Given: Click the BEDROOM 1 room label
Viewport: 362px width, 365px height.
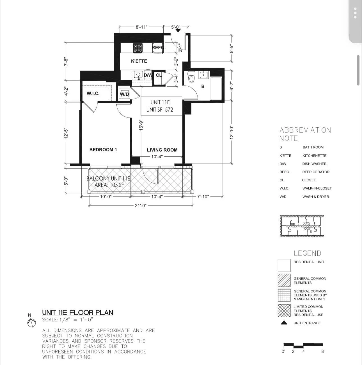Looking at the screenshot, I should tap(103, 150).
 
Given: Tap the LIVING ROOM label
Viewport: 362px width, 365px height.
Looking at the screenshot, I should tap(162, 150).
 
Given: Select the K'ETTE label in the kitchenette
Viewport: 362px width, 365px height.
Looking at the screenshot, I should tap(139, 61).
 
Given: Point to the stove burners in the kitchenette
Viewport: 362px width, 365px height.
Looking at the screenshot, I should tap(138, 48).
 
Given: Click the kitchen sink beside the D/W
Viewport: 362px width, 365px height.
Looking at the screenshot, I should tap(138, 75).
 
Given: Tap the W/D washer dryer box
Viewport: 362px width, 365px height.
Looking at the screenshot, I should tap(124, 94).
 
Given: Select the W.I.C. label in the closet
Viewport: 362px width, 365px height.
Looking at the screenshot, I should tap(93, 93).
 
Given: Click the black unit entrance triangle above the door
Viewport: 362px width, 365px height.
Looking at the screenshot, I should tap(178, 30).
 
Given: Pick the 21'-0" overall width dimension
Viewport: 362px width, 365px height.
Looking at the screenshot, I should tap(141, 206).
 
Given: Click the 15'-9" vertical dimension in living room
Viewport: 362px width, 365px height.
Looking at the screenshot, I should tap(141, 125).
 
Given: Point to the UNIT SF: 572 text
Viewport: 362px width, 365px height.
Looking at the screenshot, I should tap(160, 110).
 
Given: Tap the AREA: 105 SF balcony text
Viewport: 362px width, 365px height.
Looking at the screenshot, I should tap(109, 185).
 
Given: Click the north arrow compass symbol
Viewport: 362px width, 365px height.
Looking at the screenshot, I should tap(31, 323).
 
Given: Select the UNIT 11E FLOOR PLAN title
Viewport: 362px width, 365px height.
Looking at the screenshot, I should tap(77, 312).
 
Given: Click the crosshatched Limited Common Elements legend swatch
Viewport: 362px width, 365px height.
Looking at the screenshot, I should tap(284, 311).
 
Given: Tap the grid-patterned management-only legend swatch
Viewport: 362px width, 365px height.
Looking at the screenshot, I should tap(284, 295).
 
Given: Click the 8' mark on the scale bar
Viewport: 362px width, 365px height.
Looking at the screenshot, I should tap(323, 352).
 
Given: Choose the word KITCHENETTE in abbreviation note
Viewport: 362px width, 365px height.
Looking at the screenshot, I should tap(314, 156).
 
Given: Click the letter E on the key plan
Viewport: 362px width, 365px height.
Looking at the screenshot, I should tap(311, 231).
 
